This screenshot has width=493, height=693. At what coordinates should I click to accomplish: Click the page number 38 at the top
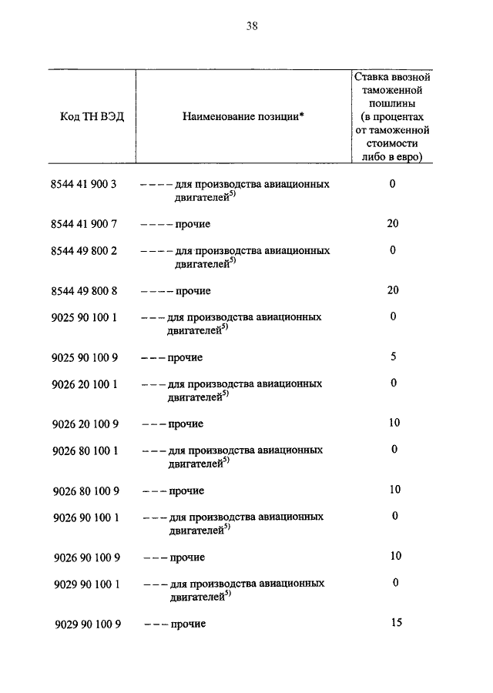tap(251, 26)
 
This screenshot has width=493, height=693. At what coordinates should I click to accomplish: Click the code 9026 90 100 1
tap(87, 517)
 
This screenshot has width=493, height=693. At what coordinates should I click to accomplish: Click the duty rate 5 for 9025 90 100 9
tap(393, 357)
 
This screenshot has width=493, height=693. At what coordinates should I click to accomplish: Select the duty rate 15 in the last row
tap(396, 622)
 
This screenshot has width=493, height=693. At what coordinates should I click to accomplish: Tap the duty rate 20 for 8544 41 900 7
tap(393, 223)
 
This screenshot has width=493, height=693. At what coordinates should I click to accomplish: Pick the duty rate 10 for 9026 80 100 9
tap(394, 489)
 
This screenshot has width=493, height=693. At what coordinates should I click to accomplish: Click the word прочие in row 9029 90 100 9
tap(188, 624)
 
